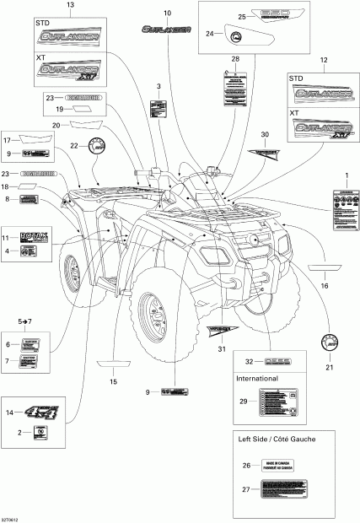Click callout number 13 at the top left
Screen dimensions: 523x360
(69, 5)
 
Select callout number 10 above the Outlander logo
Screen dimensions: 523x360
(166, 13)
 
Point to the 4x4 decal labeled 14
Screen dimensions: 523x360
(37, 413)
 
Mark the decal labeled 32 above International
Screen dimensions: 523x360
(289, 358)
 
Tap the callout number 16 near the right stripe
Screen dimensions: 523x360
(325, 287)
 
